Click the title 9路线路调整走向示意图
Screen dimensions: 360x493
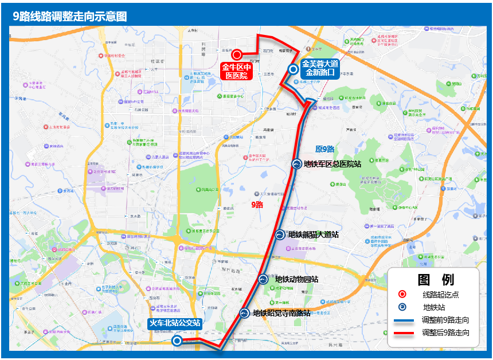pos(70,16)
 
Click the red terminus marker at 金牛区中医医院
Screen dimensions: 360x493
pos(236,55)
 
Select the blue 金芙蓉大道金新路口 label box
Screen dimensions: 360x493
pos(321,68)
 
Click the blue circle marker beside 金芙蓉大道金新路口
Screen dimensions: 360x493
pos(293,69)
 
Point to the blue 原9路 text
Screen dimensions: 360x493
pos(324,149)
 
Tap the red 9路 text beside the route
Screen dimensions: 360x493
pos(257,204)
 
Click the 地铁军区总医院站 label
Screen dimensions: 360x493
pos(332,165)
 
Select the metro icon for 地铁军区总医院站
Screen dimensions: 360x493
pos(297,164)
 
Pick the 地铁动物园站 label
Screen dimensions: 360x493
pos(296,280)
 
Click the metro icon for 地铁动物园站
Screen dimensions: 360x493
pos(263,279)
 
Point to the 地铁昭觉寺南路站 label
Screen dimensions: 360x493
pos(281,313)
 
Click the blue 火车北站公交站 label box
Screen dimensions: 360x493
pos(175,323)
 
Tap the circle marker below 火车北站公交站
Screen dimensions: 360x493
pos(178,341)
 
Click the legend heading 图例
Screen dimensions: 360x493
pos(436,280)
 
